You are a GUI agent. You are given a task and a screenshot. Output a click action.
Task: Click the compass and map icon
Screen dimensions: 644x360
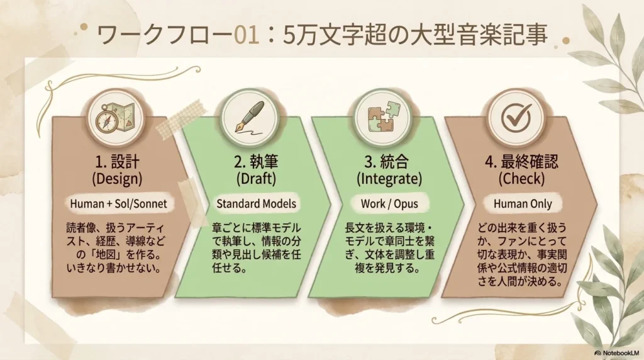pyautogui.click(x=116, y=118)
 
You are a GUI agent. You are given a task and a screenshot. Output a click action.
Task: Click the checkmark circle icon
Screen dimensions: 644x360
pyautogui.click(x=516, y=118)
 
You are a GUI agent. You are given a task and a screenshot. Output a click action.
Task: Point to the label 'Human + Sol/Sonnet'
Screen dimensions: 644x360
pyautogui.click(x=118, y=203)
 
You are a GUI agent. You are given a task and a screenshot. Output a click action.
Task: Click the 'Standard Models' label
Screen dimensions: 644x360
pyautogui.click(x=257, y=203)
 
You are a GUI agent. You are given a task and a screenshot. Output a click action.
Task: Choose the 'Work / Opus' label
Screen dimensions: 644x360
pyautogui.click(x=389, y=203)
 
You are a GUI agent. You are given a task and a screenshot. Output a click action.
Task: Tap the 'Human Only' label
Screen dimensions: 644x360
pyautogui.click(x=523, y=203)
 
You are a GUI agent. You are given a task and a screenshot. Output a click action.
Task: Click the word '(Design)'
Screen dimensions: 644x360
pyautogui.click(x=117, y=179)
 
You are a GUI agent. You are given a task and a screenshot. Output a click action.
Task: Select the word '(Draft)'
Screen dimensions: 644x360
pyautogui.click(x=257, y=179)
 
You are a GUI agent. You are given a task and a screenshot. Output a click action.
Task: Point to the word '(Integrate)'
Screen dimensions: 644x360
pyautogui.click(x=389, y=179)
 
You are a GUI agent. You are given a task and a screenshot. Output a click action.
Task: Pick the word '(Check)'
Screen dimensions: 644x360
pyautogui.click(x=521, y=179)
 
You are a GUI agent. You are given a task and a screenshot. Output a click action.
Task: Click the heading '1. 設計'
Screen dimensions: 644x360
pyautogui.click(x=117, y=162)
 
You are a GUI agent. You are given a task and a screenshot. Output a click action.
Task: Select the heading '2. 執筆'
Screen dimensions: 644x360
pyautogui.click(x=257, y=162)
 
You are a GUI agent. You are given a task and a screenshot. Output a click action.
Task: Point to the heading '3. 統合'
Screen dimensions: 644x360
pyautogui.click(x=387, y=162)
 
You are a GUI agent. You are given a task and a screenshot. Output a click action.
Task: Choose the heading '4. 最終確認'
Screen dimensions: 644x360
pyautogui.click(x=521, y=162)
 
